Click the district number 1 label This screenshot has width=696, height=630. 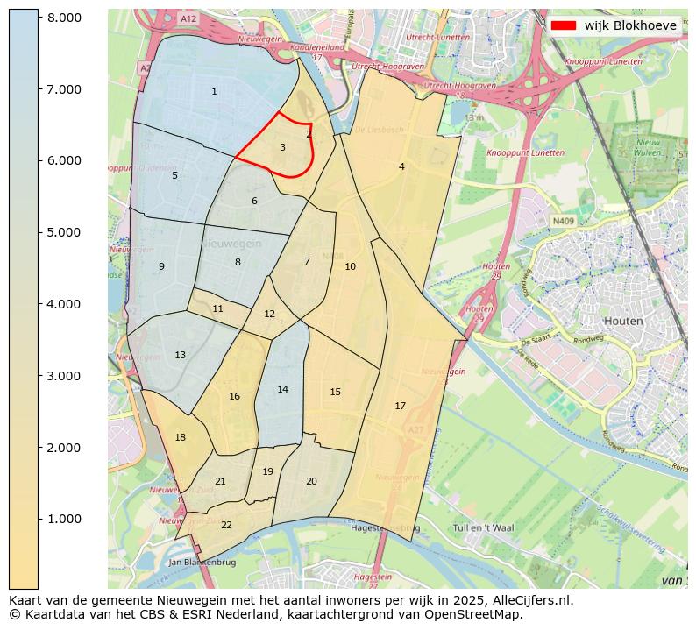click(214, 92)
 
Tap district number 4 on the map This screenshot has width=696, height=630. click(401, 166)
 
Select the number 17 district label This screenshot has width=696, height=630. click(401, 406)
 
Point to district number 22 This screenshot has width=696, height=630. click(226, 525)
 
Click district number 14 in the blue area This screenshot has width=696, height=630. click(282, 389)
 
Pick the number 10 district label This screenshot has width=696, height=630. click(350, 266)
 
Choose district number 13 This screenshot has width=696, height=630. click(180, 355)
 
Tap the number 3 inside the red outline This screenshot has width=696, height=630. click(282, 147)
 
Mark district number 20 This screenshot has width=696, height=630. click(311, 481)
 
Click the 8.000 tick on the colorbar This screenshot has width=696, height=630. click(63, 18)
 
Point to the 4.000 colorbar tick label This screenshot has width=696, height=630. click(63, 304)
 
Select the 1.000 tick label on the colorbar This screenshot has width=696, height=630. click(63, 519)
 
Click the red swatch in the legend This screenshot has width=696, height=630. click(564, 25)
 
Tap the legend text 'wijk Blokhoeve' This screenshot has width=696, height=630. click(630, 25)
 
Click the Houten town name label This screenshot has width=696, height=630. click(624, 321)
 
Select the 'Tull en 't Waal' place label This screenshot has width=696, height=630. click(483, 527)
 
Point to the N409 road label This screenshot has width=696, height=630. click(564, 222)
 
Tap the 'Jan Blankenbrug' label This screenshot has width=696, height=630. click(202, 562)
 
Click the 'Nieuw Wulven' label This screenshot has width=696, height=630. click(649, 147)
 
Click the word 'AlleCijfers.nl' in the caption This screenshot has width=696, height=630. click(532, 600)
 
